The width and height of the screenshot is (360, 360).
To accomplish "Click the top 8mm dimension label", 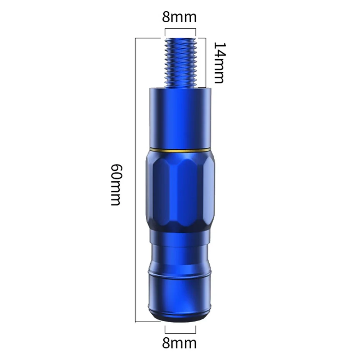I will click(x=180, y=17).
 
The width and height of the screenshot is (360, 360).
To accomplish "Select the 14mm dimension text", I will click(x=219, y=63).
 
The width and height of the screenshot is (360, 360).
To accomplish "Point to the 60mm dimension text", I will click(x=115, y=185).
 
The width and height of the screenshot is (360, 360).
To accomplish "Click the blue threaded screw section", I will click(x=180, y=63).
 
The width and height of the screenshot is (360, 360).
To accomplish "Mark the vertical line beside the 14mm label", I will click(x=206, y=63).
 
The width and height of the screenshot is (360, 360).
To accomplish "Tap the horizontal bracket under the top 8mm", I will click(x=180, y=29).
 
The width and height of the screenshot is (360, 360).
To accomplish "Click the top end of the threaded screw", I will click(x=180, y=40).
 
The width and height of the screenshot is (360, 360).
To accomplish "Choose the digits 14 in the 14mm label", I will click(x=219, y=50).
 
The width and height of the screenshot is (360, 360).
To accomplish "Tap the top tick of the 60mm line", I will click(x=147, y=38).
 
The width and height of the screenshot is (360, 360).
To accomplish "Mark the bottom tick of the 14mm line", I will click(x=201, y=87).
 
